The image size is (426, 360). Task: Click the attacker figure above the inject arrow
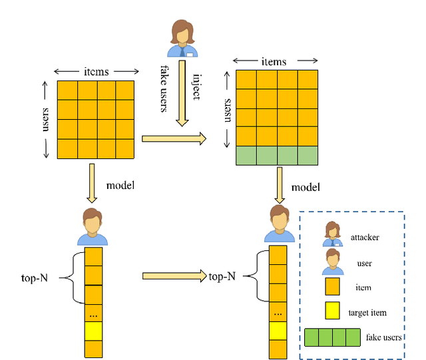pyautogui.click(x=181, y=39)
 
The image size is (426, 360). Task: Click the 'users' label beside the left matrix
pyautogui.click(x=46, y=119)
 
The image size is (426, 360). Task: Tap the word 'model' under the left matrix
pyautogui.click(x=120, y=185)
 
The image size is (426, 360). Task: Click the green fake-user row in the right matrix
pyautogui.click(x=277, y=156)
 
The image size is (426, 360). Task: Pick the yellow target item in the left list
pyautogui.click(x=94, y=331)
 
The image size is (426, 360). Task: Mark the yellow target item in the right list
pyautogui.click(x=278, y=331)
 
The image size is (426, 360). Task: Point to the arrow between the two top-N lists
pyautogui.click(x=173, y=275)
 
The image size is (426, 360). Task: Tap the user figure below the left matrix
pyautogui.click(x=93, y=227)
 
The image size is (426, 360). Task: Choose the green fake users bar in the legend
pyautogui.click(x=333, y=338)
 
